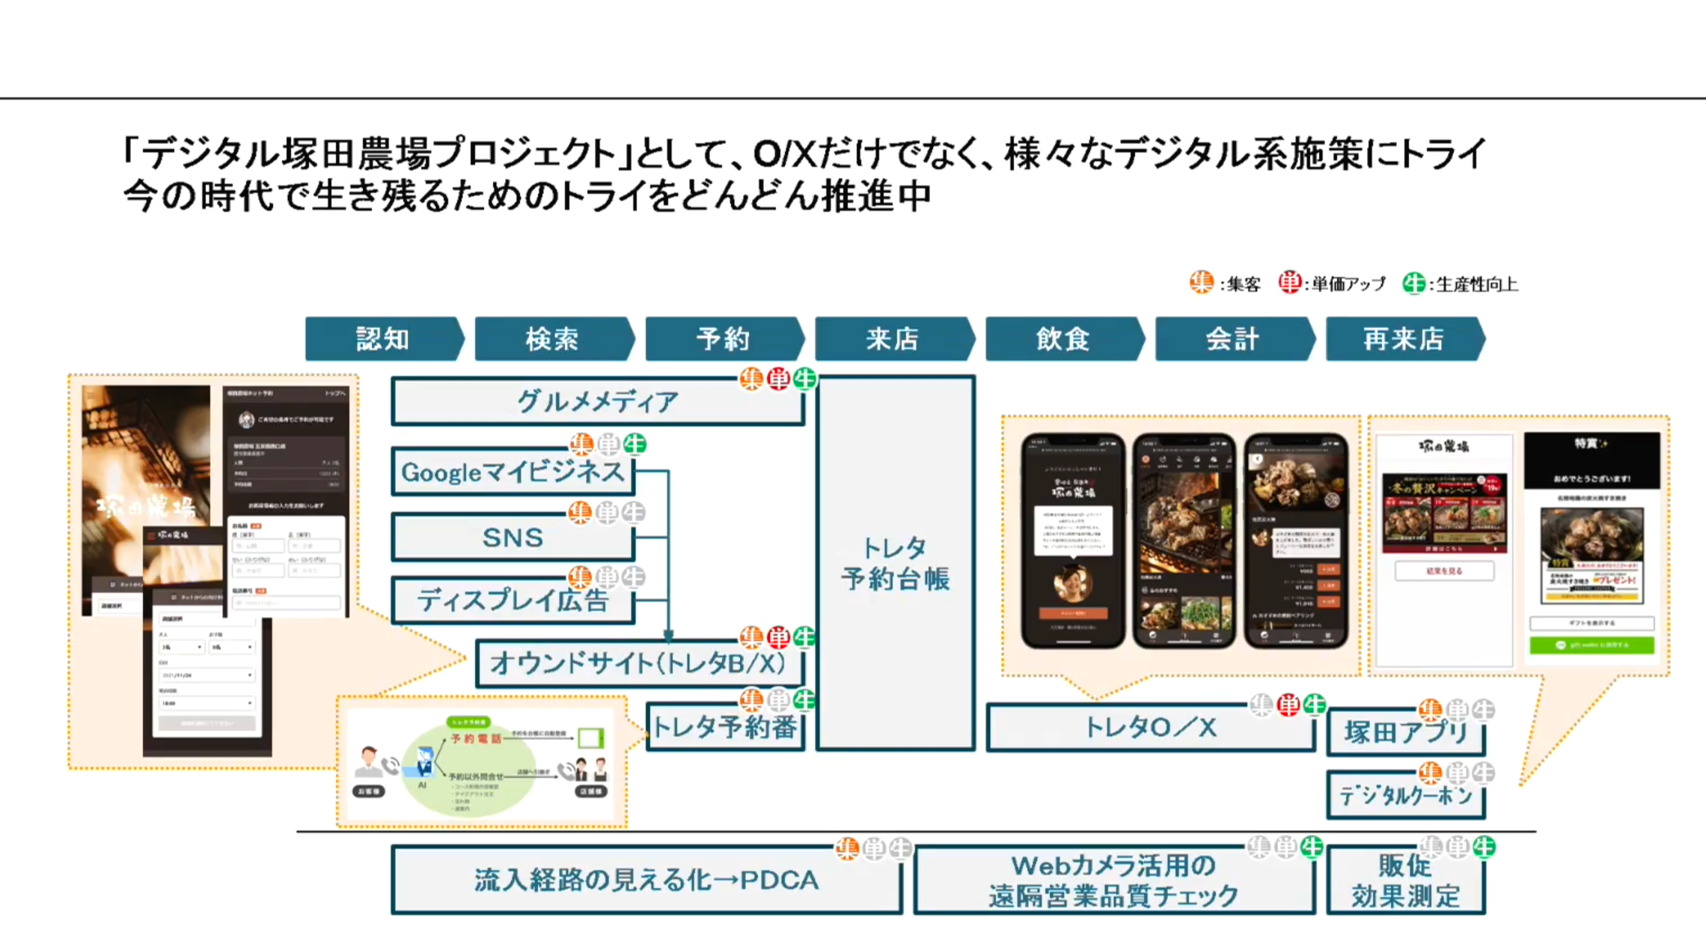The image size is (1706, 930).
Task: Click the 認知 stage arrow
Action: coord(383,339)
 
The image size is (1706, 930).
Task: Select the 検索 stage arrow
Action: coord(553,339)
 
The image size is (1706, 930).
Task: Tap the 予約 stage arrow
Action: coord(723,339)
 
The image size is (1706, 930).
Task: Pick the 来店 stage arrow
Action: coord(893,339)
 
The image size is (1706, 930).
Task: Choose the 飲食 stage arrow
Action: coord(1063,339)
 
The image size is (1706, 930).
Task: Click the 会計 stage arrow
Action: coord(1233,339)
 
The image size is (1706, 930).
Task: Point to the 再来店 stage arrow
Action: coord(1404,339)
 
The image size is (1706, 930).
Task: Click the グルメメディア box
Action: coord(597,402)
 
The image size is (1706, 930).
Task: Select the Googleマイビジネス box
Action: coord(513,472)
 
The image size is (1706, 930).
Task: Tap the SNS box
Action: coord(513,538)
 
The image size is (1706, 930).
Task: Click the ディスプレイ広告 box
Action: coord(513,601)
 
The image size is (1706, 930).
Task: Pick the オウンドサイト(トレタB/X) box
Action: coord(638,663)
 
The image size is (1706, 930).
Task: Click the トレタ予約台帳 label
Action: coord(895,564)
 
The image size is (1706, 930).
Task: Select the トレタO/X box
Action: coord(1150,727)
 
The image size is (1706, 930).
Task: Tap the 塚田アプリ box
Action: coord(1405,732)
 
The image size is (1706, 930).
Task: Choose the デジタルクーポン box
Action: coord(1405,795)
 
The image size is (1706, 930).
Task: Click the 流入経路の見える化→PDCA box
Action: coord(646,880)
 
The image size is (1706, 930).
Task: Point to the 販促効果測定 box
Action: coord(1405,881)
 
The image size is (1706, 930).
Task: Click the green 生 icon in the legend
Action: coord(1413,284)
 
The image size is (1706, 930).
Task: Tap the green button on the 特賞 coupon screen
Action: coord(1591,645)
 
